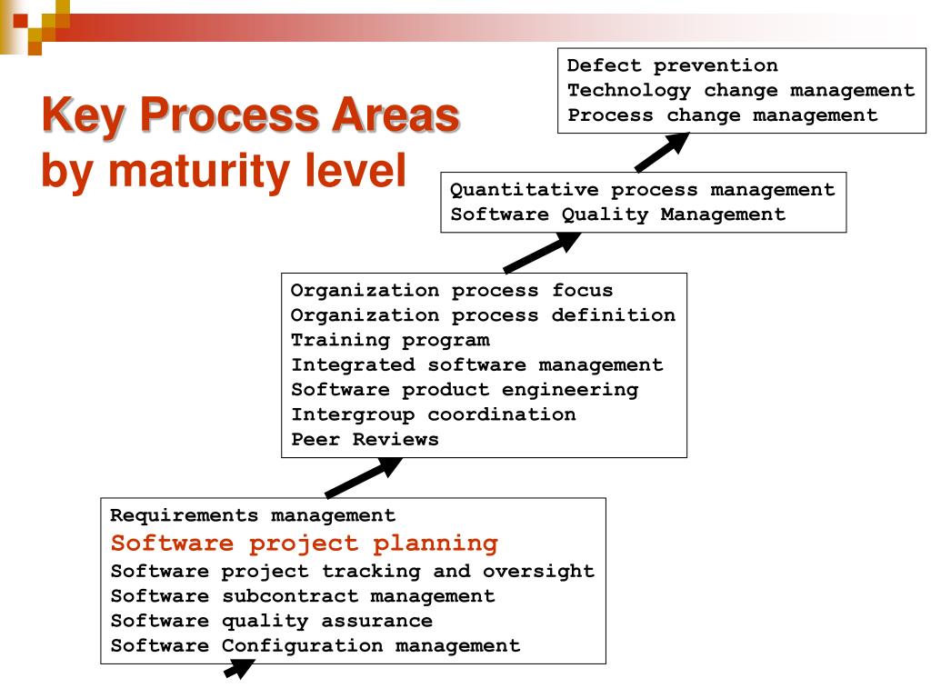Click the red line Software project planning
(x=304, y=543)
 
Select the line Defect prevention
(x=672, y=65)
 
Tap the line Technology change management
(x=741, y=91)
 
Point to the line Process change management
(x=723, y=115)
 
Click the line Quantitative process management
(x=643, y=190)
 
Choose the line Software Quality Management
(x=617, y=214)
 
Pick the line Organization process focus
(x=451, y=290)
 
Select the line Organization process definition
(x=483, y=315)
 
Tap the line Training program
(x=390, y=340)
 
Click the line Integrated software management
(x=476, y=365)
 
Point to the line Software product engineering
(x=465, y=390)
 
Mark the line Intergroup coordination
(x=433, y=414)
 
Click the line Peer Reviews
(x=365, y=439)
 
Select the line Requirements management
(x=253, y=515)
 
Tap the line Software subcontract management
(x=303, y=596)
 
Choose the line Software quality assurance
(x=271, y=621)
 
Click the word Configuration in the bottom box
(x=302, y=646)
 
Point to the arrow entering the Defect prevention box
(x=662, y=152)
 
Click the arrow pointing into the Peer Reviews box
(x=364, y=477)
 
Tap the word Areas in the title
(x=395, y=115)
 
